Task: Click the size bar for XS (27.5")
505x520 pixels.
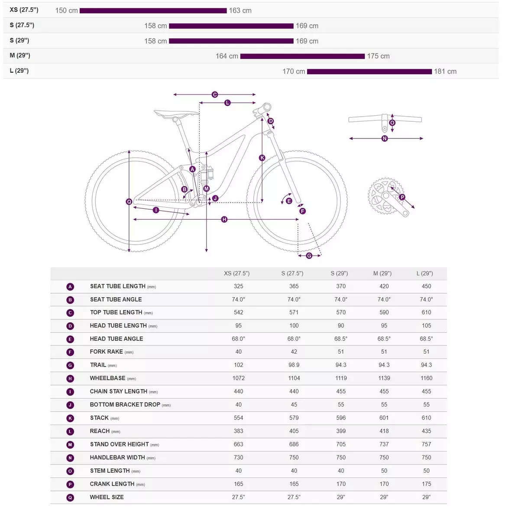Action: click(153, 11)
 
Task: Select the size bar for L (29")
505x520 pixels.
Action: click(369, 71)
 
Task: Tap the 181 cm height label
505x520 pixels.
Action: click(445, 71)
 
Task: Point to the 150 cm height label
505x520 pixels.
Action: click(67, 11)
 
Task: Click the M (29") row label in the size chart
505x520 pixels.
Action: click(20, 55)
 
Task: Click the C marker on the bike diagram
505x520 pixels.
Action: click(215, 94)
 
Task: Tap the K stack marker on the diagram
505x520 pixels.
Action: click(262, 158)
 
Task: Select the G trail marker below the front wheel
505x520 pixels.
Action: click(309, 256)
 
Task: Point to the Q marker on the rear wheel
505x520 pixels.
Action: click(129, 202)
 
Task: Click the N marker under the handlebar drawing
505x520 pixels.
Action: click(385, 138)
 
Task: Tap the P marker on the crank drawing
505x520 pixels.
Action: click(402, 197)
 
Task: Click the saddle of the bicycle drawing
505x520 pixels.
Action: click(176, 113)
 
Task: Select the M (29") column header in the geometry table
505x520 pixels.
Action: click(382, 273)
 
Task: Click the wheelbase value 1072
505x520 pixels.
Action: click(239, 378)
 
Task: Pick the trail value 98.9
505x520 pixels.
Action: click(294, 365)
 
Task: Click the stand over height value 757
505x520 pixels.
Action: click(426, 444)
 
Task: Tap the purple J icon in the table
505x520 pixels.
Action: click(70, 405)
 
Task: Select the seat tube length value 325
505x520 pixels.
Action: click(239, 286)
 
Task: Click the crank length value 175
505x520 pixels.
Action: click(426, 484)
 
